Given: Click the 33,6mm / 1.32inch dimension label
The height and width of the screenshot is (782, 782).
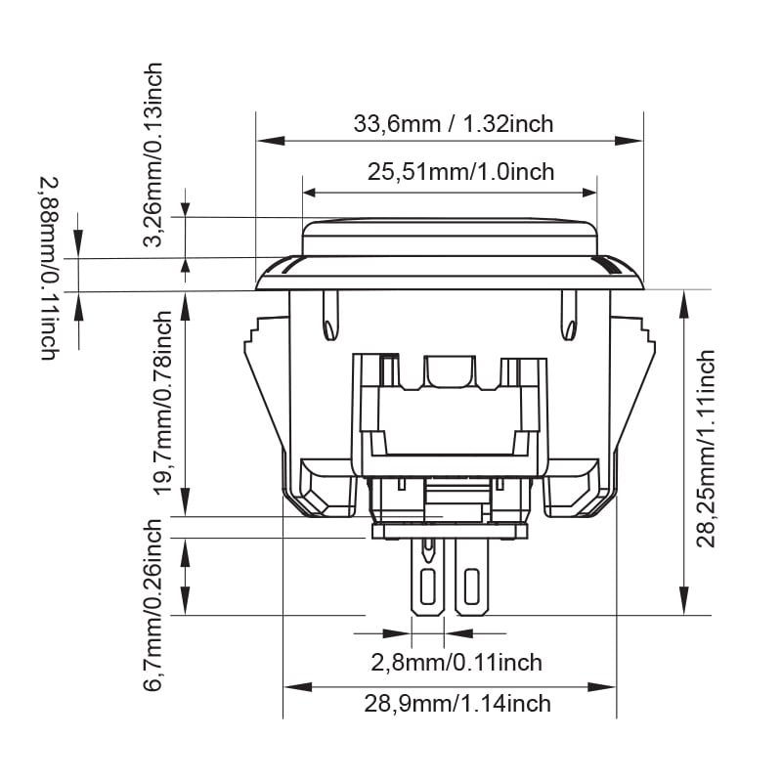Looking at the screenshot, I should coord(453,124).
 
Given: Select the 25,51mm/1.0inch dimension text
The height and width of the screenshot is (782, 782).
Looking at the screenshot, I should coord(460,172).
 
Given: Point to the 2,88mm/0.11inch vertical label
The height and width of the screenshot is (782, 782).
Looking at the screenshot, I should coord(51,269).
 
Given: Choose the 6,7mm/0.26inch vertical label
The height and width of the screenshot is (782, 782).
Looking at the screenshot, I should coord(153,605).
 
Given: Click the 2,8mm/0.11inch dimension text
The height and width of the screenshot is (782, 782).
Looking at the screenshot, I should coord(456,663).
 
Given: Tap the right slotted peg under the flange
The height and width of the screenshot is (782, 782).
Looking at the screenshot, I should coord(568,316).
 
